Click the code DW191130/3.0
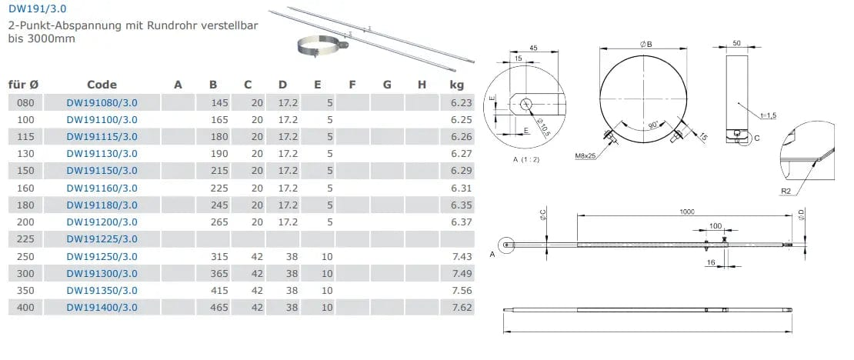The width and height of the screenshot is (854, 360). tap(102, 154)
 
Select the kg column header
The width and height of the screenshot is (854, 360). tap(456, 85)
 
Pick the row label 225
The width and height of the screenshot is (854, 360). tap(25, 239)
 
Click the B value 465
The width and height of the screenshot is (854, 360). tap(219, 308)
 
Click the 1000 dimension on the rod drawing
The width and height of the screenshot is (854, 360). tap(687, 212)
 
